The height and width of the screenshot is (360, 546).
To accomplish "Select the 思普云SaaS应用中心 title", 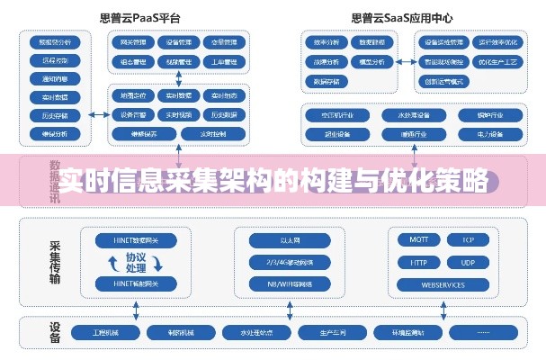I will tap(403, 17).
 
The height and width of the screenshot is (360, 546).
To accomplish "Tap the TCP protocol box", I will tap(468, 241).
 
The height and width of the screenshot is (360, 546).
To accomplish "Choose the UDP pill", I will tap(468, 263).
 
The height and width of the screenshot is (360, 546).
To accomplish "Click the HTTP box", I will tap(418, 263).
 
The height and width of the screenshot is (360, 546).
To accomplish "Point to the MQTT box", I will tap(418, 241).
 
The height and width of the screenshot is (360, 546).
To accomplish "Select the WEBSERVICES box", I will tap(443, 285).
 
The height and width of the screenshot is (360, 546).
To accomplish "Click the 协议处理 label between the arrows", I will tap(136, 263).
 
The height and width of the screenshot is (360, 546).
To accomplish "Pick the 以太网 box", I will tap(289, 241).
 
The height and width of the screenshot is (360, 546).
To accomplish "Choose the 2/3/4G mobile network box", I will tap(289, 263).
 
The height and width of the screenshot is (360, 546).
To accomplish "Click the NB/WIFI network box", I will tap(289, 285).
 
